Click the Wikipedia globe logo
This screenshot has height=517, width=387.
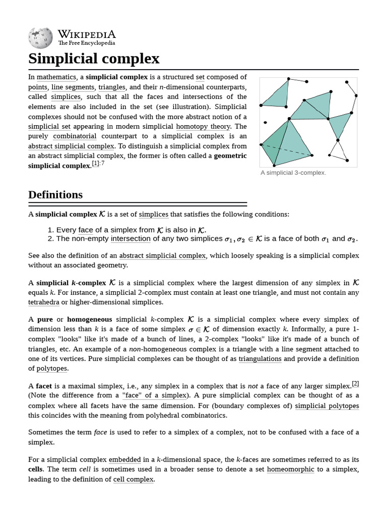click(x=40, y=37)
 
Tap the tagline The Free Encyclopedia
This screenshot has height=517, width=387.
click(x=86, y=43)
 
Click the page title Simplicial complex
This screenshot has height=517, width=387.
click(x=94, y=59)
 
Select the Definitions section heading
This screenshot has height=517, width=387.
click(x=55, y=195)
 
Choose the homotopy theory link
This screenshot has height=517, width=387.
click(x=203, y=126)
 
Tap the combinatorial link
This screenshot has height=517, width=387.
click(x=75, y=136)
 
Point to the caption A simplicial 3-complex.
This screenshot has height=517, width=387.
click(x=293, y=173)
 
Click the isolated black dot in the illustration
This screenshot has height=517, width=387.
click(x=266, y=122)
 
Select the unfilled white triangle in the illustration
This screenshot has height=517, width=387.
click(x=338, y=151)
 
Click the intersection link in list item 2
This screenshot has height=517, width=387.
click(x=131, y=239)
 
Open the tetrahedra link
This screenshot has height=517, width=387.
click(x=43, y=302)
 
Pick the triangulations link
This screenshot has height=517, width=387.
click(x=260, y=359)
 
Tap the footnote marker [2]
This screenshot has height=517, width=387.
click(x=355, y=384)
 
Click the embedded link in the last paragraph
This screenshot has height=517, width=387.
click(x=124, y=460)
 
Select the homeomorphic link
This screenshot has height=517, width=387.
click(x=290, y=470)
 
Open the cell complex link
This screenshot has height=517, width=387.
click(x=134, y=480)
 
